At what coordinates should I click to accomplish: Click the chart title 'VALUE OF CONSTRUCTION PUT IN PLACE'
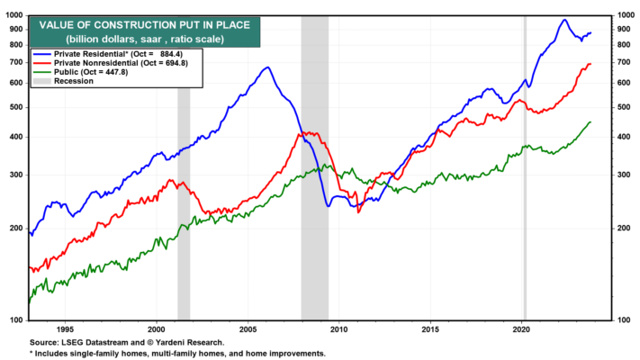click(x=145, y=25)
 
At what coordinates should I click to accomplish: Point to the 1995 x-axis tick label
click(x=65, y=329)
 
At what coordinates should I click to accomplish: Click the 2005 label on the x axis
click(x=248, y=329)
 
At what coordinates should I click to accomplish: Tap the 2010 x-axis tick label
click(x=338, y=329)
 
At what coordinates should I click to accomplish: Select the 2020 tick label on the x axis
click(x=521, y=329)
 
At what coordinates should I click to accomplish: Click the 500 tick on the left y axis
click(x=16, y=107)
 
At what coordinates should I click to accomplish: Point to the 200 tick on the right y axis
click(x=624, y=229)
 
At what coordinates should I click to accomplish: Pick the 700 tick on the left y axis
click(x=16, y=62)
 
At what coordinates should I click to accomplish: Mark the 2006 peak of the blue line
click(x=267, y=67)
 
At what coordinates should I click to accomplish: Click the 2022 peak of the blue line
click(x=565, y=20)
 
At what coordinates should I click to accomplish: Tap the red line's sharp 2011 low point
click(x=358, y=212)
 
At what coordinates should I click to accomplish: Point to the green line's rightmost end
click(x=590, y=122)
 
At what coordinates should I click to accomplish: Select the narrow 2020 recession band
click(x=525, y=167)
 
